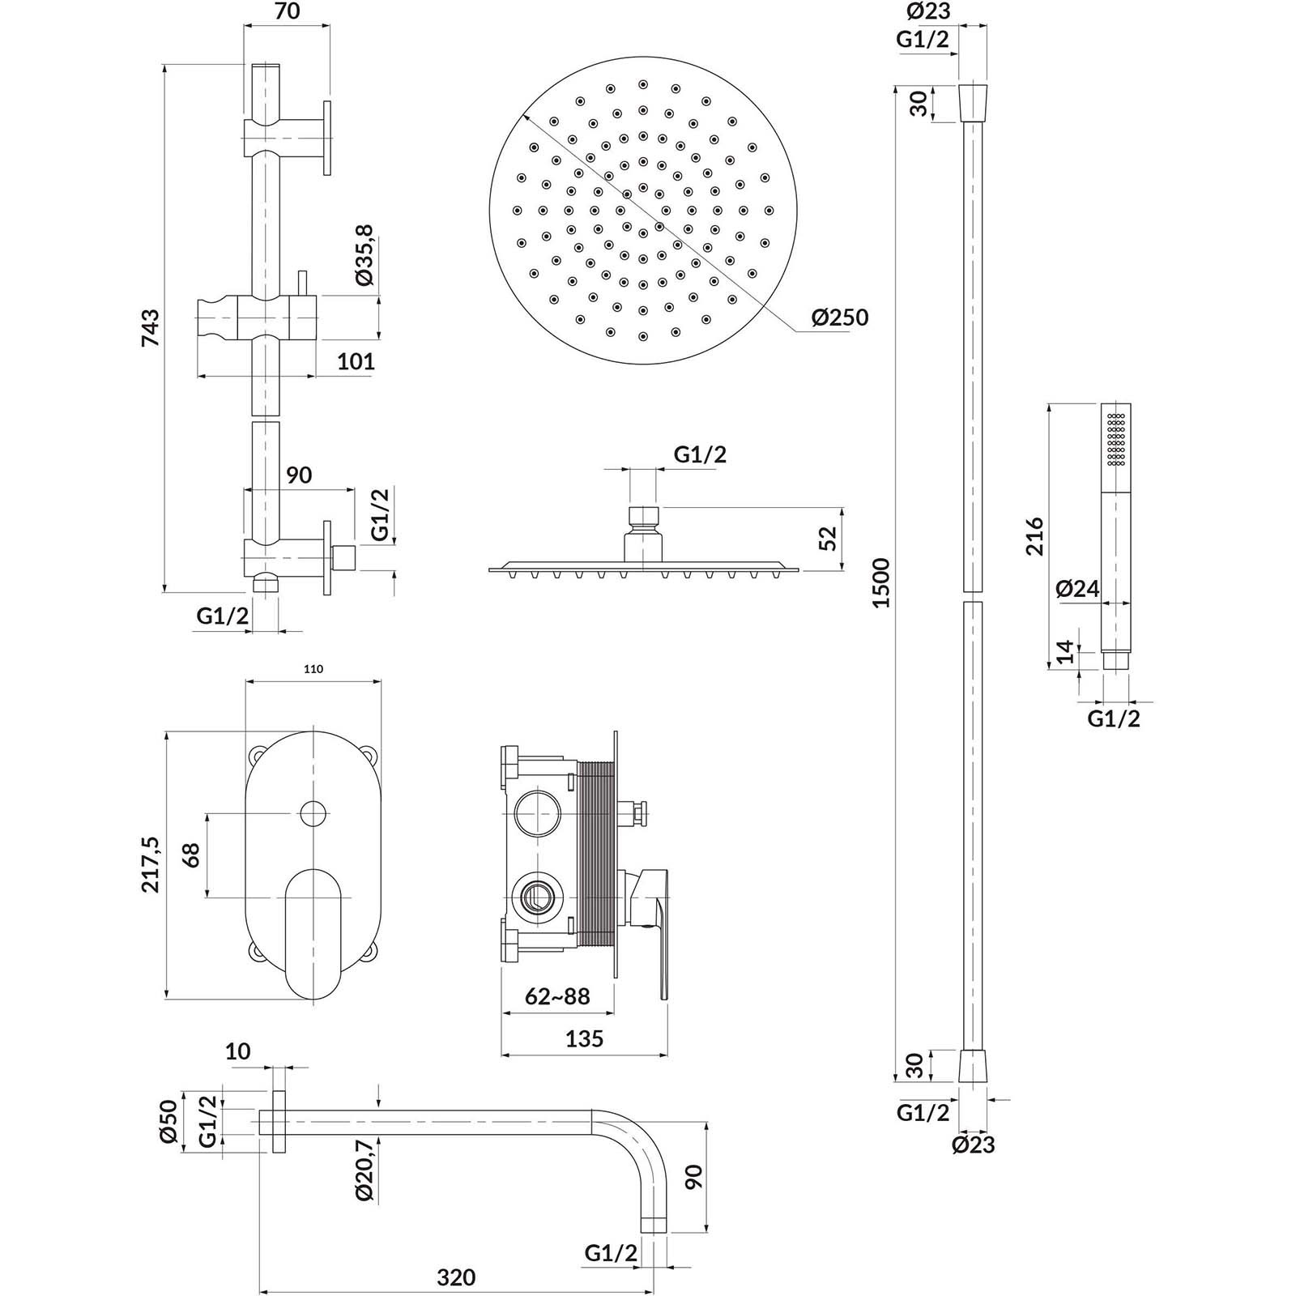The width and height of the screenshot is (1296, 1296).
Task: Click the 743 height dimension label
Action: pyautogui.click(x=151, y=327)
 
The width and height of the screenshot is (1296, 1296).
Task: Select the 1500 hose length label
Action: pyautogui.click(x=881, y=582)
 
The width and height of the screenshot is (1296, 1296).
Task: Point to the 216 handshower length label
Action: pyautogui.click(x=1035, y=535)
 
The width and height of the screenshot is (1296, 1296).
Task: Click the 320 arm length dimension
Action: pyautogui.click(x=456, y=1277)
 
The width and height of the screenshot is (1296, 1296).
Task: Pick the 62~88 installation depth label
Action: pyautogui.click(x=557, y=995)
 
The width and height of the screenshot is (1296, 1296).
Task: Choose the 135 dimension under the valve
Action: pyautogui.click(x=585, y=1038)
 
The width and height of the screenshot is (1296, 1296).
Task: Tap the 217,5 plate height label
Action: pyautogui.click(x=151, y=865)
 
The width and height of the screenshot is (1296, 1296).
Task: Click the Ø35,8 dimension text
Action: pyautogui.click(x=364, y=255)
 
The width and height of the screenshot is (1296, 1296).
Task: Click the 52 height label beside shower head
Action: pyautogui.click(x=828, y=538)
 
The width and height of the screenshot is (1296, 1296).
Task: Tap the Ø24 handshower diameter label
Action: pyautogui.click(x=1077, y=589)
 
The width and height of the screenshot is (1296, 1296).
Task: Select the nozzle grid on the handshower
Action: pyautogui.click(x=1117, y=439)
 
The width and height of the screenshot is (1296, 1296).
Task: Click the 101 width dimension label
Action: pyautogui.click(x=356, y=360)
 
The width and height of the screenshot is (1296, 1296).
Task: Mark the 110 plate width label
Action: pyautogui.click(x=313, y=669)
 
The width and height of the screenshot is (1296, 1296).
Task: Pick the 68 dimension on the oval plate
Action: pyautogui.click(x=191, y=855)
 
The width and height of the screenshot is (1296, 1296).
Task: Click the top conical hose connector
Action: pyautogui.click(x=973, y=102)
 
